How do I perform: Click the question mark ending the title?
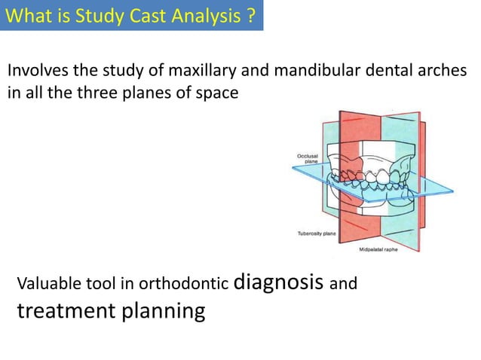pos(250,14)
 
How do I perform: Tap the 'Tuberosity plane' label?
pos(317,233)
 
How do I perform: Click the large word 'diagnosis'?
pos(280,282)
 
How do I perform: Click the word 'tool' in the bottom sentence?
pos(106,285)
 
